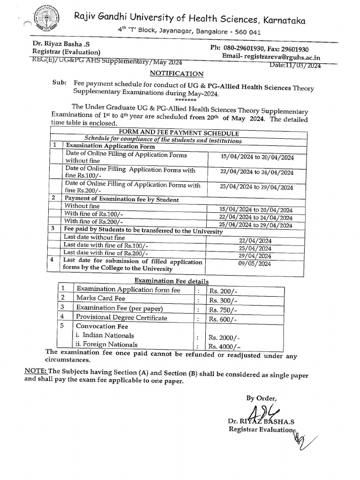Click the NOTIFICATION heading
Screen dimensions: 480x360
[x=177, y=74]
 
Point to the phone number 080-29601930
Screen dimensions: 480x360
[x=255, y=48]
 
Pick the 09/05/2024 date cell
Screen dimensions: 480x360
[x=255, y=264]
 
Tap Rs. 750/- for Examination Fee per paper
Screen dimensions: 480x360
[x=223, y=310]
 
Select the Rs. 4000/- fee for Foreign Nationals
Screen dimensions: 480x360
[x=224, y=346]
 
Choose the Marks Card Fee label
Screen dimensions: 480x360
[x=101, y=298]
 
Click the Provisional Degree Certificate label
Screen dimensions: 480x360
[x=121, y=318]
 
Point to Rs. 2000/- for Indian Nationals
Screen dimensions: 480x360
[x=224, y=337]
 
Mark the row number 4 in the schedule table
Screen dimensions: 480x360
[x=54, y=259]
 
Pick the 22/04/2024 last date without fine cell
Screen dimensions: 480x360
[x=255, y=240]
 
